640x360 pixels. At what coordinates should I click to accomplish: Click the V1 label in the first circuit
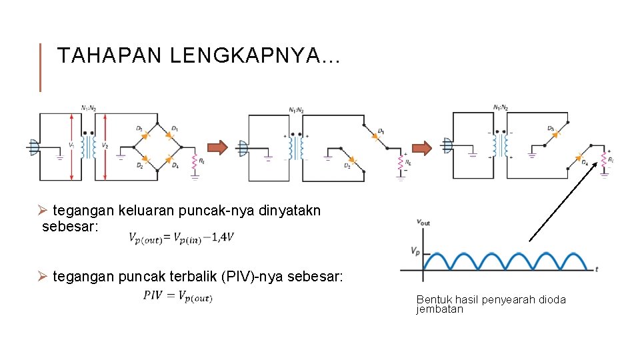point(71,145)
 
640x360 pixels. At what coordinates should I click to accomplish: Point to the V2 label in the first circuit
point(105,145)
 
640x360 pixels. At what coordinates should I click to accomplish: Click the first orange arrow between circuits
point(215,147)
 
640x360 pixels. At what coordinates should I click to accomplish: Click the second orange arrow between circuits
point(420,147)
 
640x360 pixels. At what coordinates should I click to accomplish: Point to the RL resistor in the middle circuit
point(400,161)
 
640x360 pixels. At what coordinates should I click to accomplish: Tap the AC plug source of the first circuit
point(34,147)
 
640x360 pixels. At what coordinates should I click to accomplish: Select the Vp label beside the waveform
point(415,251)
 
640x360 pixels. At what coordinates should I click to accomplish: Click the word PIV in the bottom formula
point(153,295)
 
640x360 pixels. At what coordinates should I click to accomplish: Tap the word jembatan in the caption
point(439,309)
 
